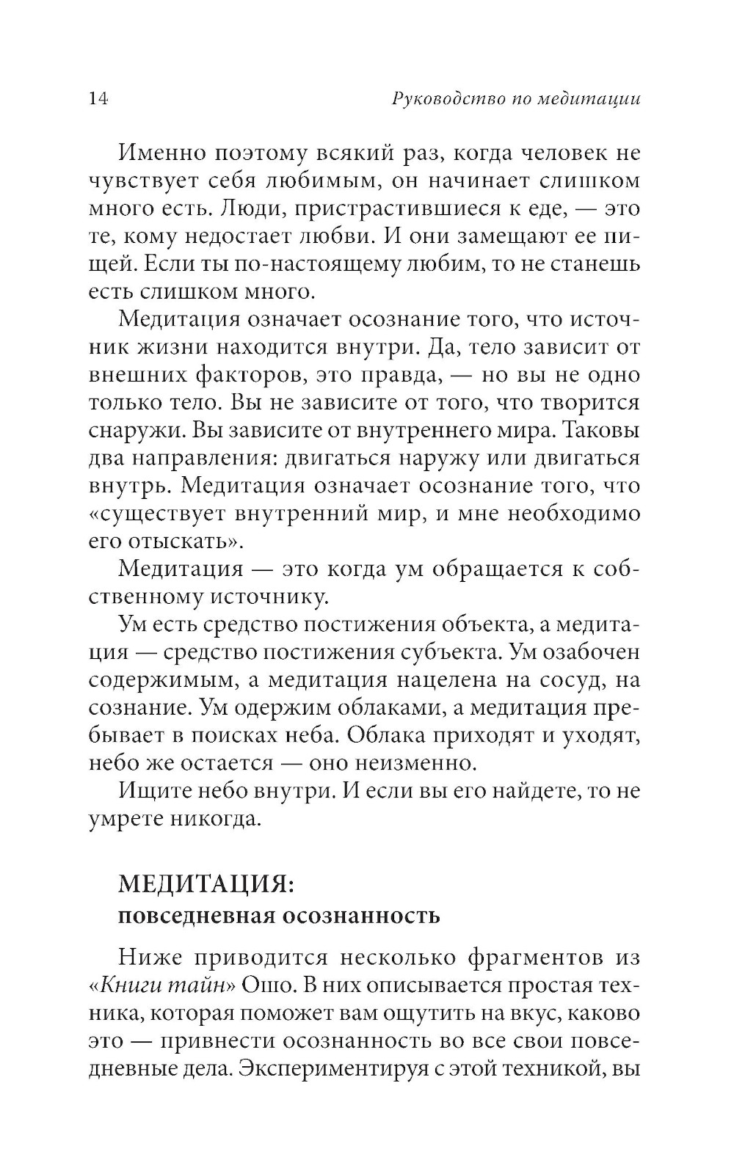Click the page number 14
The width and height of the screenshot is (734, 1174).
tap(98, 99)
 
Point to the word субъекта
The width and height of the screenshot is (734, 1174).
tap(451, 652)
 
